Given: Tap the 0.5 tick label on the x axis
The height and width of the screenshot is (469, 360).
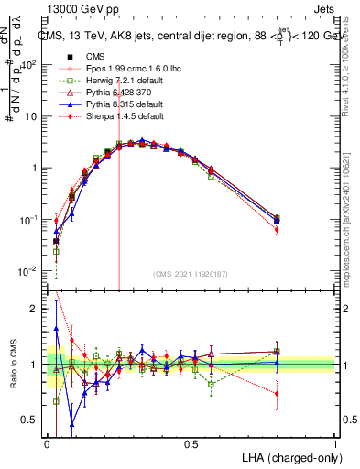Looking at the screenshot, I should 191,443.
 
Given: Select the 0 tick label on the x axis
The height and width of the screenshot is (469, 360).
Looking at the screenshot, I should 48,443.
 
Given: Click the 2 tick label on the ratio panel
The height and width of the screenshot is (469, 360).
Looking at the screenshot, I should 35,309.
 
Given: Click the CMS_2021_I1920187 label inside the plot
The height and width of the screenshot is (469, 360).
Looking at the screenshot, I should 190,274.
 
